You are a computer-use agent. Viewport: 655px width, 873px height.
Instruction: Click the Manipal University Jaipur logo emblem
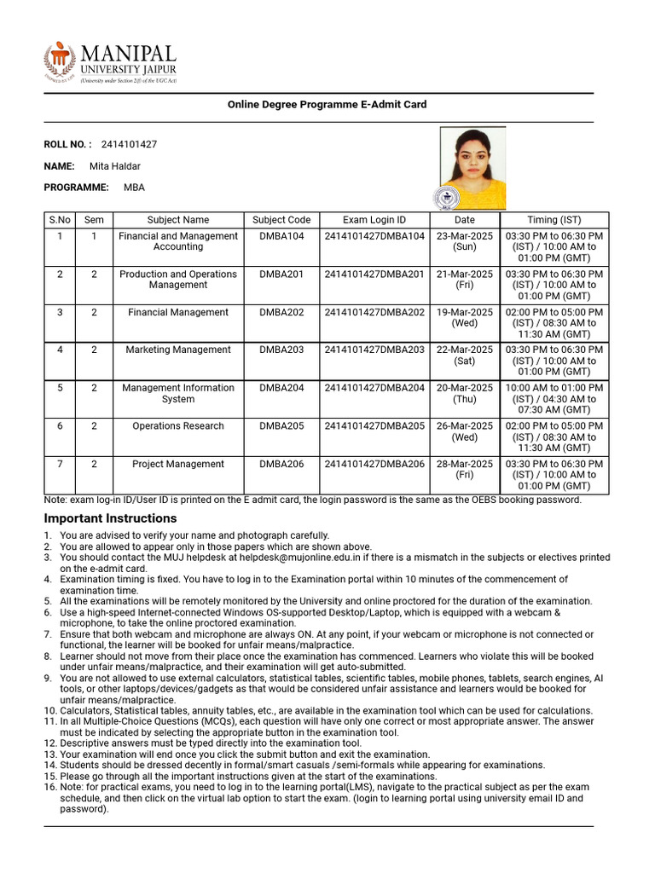point(60,61)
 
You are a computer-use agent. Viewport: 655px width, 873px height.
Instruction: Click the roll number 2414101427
point(129,144)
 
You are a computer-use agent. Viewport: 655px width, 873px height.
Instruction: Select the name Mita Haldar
point(115,166)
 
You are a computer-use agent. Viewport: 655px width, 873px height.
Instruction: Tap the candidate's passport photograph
point(472,168)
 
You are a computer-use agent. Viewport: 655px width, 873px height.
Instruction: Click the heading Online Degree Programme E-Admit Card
point(327,105)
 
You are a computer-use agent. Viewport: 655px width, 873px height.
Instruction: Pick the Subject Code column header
point(281,220)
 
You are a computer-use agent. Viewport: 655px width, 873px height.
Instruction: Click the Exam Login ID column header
point(374,220)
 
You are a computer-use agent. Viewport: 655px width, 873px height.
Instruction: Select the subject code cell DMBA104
point(281,236)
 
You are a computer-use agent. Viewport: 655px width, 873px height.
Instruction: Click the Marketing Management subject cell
point(178,350)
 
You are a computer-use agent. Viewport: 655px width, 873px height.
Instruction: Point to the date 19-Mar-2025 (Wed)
point(465,317)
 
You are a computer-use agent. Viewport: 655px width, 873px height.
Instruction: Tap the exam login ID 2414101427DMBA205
point(374,426)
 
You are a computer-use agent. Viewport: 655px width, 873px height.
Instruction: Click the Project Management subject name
point(178,465)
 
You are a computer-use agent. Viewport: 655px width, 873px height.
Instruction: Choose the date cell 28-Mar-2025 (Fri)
point(465,470)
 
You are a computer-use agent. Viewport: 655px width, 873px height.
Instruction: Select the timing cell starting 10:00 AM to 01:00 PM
point(554,399)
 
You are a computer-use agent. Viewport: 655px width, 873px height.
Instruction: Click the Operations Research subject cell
point(178,426)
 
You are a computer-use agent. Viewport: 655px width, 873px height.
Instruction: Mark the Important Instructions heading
point(110,518)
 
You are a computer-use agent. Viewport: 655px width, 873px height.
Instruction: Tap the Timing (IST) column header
point(554,220)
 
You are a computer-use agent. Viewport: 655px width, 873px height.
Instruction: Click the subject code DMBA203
point(281,350)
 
